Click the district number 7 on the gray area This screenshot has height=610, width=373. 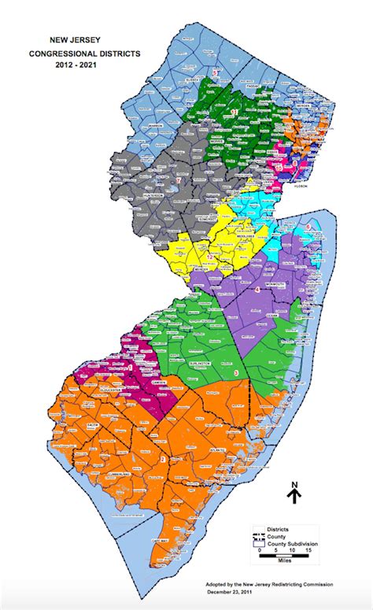[x=179, y=181]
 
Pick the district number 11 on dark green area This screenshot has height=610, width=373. [x=235, y=113]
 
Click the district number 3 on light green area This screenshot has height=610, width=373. [x=236, y=372]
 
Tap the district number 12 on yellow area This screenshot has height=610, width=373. [x=210, y=257]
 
